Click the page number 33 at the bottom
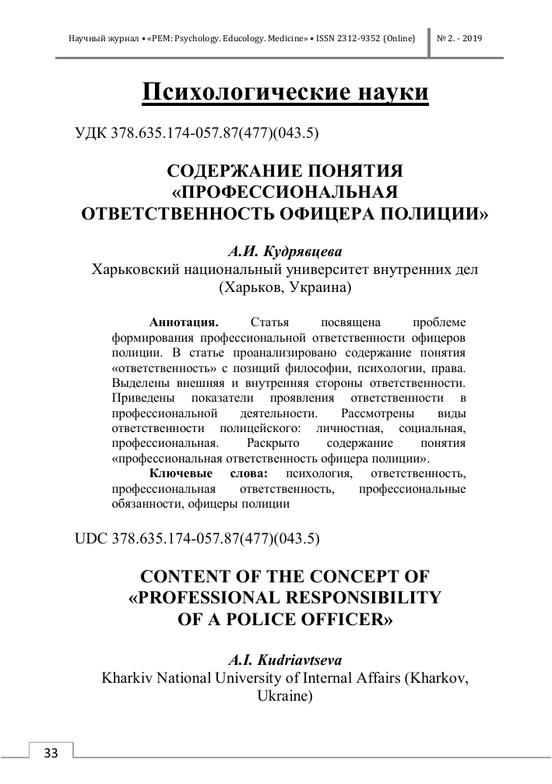pos(51,753)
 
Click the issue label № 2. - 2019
pos(460,37)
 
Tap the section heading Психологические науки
pos(286,92)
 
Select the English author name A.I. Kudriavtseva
pos(285,659)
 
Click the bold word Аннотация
pos(184,322)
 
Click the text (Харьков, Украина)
pos(285,287)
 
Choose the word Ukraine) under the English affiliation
pos(285,695)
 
